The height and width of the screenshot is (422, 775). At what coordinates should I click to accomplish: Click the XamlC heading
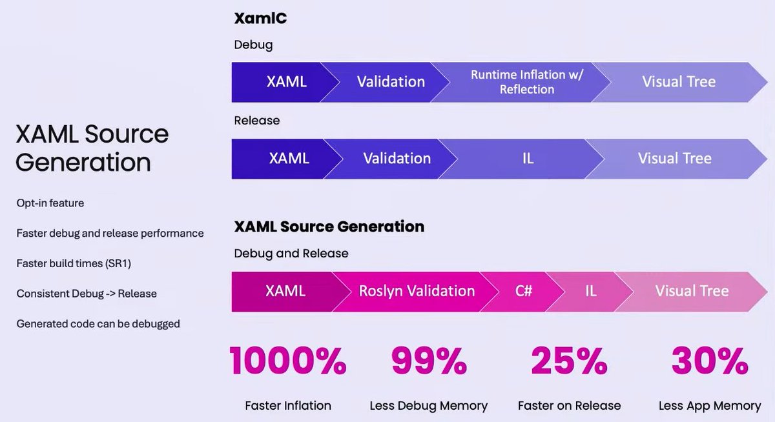coord(260,19)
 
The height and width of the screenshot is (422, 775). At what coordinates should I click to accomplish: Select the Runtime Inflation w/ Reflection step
coord(526,82)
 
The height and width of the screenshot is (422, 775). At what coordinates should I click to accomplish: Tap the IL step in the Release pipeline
coord(528,159)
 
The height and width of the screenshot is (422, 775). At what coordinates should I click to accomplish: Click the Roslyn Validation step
coord(417,291)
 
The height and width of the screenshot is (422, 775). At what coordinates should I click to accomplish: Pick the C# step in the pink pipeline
coord(523,291)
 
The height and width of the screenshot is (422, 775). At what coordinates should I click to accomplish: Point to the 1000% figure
coord(288,361)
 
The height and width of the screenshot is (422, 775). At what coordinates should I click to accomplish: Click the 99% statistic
coord(428,361)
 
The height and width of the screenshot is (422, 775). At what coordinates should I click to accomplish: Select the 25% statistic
coord(569,361)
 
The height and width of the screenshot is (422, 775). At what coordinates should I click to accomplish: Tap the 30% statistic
coord(710,361)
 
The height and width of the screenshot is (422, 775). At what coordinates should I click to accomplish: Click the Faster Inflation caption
coord(288,406)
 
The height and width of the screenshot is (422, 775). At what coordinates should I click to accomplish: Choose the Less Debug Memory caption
coord(428,406)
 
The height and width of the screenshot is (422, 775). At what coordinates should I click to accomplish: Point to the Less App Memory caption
coord(710,406)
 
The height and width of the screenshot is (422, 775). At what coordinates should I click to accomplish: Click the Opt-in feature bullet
coord(50,203)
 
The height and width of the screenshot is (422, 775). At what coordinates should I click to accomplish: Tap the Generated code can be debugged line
coord(98,324)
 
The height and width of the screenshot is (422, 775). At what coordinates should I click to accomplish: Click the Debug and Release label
coord(291,254)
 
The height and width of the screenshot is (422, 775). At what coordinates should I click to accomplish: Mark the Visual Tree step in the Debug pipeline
coord(679,82)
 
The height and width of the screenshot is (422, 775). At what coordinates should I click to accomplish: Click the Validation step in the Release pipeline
coord(397,159)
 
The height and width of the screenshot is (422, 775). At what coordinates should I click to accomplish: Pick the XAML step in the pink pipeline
coord(285,291)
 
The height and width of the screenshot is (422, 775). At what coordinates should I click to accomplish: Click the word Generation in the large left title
coord(83,162)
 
